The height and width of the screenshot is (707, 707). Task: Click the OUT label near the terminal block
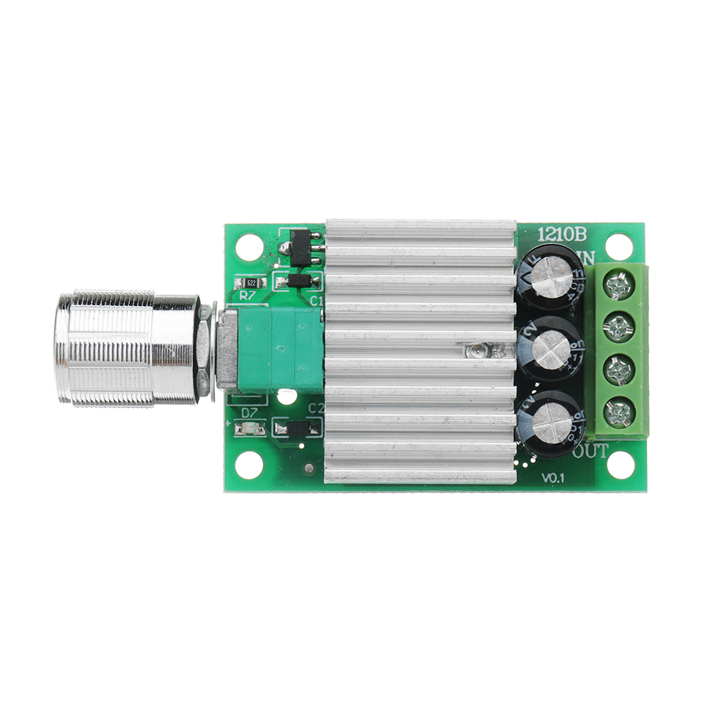click(x=591, y=451)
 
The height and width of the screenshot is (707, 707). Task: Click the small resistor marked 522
click(x=250, y=282)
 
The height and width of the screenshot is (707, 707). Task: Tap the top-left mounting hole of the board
click(x=250, y=247)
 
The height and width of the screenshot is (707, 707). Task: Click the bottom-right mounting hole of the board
click(x=620, y=464)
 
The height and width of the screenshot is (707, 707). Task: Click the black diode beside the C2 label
click(x=299, y=428)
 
